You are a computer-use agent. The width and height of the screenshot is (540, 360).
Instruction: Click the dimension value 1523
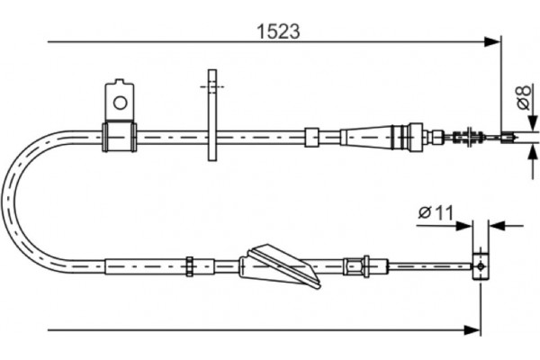[276, 30]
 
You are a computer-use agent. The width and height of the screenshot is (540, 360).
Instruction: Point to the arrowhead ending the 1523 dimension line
[492, 41]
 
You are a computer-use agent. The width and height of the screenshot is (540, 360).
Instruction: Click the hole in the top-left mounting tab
[118, 100]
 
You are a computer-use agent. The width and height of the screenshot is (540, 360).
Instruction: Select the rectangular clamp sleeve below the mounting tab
[118, 136]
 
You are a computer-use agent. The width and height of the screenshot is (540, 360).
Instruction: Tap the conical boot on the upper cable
[371, 137]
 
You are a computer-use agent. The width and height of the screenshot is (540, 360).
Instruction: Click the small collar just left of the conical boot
[311, 137]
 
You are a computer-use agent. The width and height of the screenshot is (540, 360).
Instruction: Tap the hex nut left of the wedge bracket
[191, 265]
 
